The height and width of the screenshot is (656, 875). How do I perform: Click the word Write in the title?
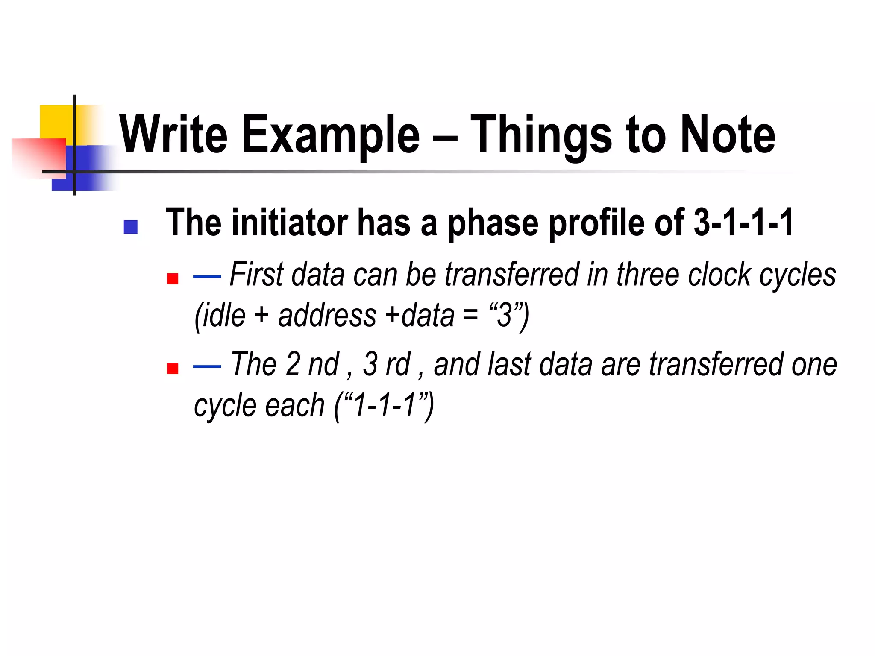(x=173, y=135)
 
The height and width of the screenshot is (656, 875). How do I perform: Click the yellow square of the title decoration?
(x=56, y=122)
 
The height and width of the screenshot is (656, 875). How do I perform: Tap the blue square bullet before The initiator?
(x=130, y=227)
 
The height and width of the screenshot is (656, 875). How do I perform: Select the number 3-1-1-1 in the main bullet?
(x=743, y=223)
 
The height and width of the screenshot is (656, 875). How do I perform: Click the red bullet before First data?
(x=173, y=279)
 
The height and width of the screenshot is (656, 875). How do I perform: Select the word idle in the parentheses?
(x=224, y=316)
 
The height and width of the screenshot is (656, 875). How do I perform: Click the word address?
(x=327, y=316)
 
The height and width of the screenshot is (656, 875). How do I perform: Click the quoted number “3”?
(x=504, y=316)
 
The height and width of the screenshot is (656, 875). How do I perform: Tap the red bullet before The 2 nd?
(x=173, y=368)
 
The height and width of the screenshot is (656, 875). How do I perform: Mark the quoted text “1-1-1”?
(x=384, y=405)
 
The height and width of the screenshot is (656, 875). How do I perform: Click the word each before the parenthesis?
(x=294, y=405)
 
